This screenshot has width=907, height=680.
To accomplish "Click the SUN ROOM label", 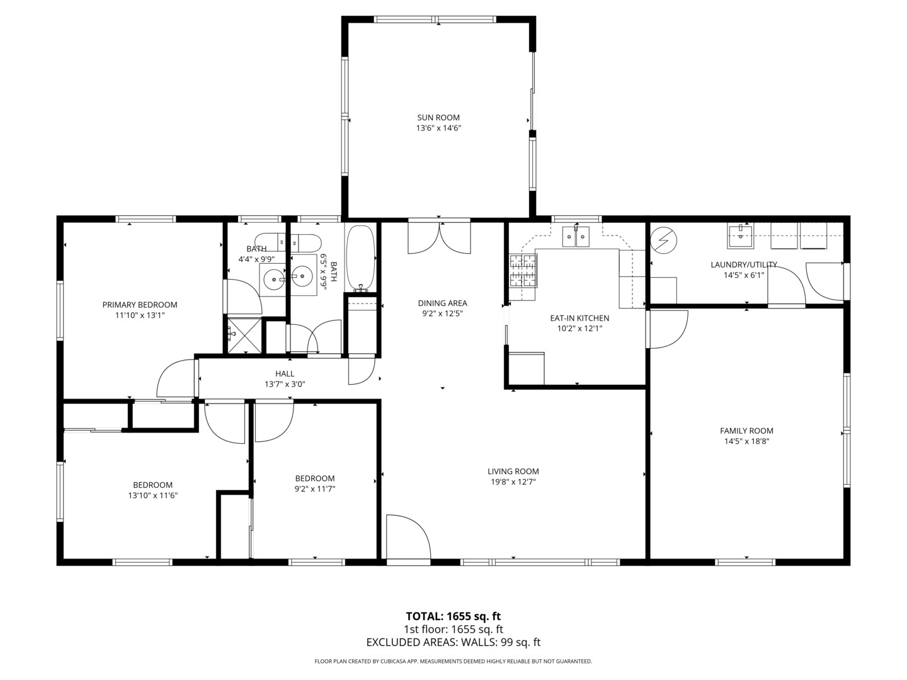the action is tap(438, 118).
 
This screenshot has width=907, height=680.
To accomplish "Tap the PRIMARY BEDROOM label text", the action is tap(140, 305).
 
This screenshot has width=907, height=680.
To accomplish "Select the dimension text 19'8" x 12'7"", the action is tap(513, 482).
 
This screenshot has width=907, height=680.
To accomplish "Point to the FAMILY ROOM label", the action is tap(746, 431).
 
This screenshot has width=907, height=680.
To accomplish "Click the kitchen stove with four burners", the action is tap(523, 271).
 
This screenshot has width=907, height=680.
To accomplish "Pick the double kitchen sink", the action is tap(576, 237).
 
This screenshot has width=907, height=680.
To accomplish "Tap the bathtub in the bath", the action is tap(360, 258).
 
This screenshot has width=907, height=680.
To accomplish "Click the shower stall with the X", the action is tap(244, 335).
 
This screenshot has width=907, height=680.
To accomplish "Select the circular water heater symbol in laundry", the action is tap(664, 239).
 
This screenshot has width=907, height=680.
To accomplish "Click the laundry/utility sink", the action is tap(741, 235).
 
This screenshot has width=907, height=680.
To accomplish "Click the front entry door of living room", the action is tap(408, 538).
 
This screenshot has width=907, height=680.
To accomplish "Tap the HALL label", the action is tap(285, 373).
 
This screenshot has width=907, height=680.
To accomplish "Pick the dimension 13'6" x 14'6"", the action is tap(438, 128).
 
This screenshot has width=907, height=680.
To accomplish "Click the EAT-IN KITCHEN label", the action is tap(579, 319).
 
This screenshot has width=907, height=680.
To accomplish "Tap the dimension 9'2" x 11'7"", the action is tap(315, 489).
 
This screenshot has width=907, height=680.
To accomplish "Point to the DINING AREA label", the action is tap(443, 303).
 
